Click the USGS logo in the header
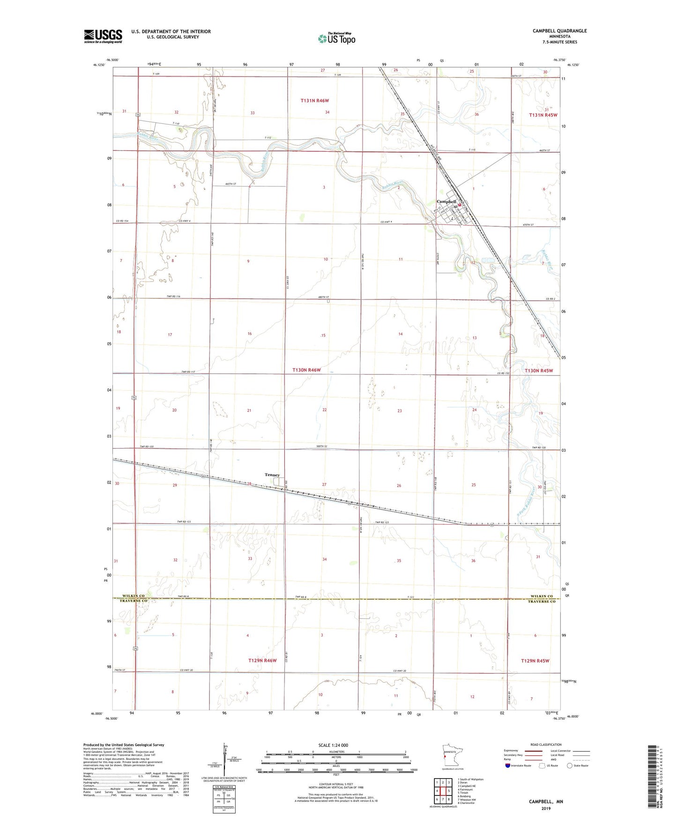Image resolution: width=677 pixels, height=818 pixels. pyautogui.click(x=103, y=36)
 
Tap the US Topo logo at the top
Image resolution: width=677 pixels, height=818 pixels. pyautogui.click(x=336, y=38)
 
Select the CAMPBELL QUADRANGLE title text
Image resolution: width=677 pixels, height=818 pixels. pyautogui.click(x=559, y=31)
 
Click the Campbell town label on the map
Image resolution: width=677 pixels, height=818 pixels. pyautogui.click(x=446, y=201)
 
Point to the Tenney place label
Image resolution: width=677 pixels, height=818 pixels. pyautogui.click(x=272, y=475)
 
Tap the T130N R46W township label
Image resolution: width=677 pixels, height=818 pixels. pyautogui.click(x=306, y=370)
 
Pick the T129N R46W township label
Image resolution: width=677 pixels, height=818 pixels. pyautogui.click(x=262, y=661)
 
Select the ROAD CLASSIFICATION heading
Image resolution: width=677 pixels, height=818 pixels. pyautogui.click(x=546, y=744)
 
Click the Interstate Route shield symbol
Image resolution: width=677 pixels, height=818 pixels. pyautogui.click(x=508, y=766)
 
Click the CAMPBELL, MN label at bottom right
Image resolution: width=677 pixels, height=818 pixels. pyautogui.click(x=546, y=802)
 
